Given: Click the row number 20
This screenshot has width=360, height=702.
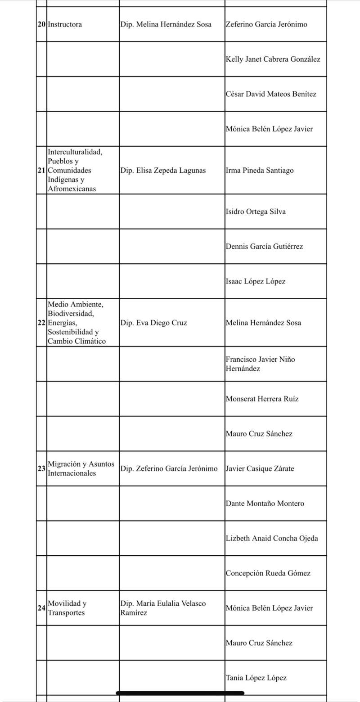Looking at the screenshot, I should pos(41,24).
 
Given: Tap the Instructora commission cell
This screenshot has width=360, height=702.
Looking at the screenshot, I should pos(65,24).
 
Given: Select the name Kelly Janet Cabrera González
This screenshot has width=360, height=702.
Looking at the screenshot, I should pos(273,59).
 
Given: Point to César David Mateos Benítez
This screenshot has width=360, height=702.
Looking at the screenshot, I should pos(271,94).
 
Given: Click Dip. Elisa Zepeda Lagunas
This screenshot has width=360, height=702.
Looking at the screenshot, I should pos(163,171).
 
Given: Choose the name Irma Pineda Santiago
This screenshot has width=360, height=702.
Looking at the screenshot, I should pos(260,171).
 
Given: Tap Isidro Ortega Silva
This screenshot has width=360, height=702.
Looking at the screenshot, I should pos(256,211).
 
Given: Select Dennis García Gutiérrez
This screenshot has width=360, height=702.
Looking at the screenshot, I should pos(264,247).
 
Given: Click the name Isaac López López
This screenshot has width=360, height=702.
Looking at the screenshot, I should pos(256,281).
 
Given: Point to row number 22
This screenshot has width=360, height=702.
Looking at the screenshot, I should pos(41,323).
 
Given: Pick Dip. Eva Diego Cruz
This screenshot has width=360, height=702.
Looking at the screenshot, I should pos(153,323).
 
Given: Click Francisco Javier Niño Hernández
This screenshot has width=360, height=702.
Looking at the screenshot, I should pos(261,364).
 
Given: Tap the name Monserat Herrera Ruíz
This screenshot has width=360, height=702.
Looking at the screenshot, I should pos(262,399).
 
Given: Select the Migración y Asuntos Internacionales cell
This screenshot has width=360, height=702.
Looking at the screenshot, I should pos(81,468).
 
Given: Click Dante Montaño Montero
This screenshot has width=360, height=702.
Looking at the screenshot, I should pos(265,504).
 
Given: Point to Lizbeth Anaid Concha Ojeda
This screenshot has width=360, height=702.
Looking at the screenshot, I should pos(271,538).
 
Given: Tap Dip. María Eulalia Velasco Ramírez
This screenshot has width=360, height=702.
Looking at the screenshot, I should pos(163,608).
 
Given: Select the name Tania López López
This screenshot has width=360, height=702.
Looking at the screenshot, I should pos(256,678).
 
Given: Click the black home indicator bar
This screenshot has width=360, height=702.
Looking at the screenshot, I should pos(180,693).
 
